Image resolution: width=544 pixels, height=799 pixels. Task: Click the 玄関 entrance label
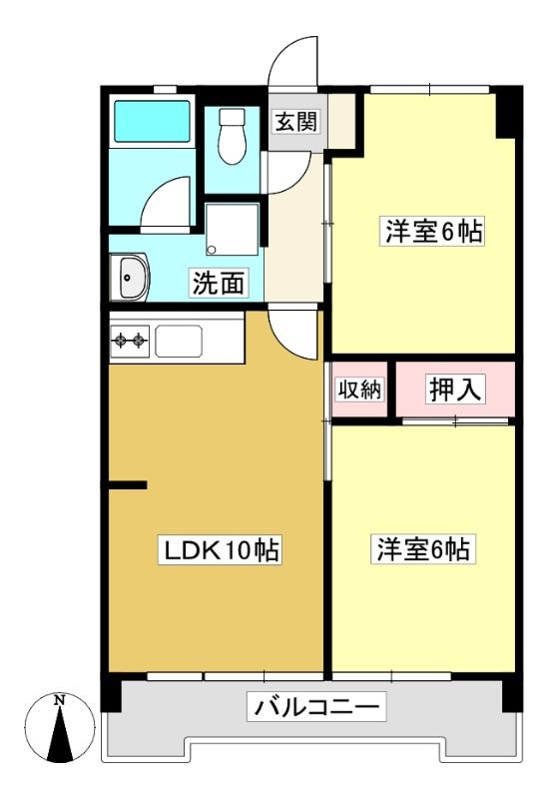tap(295, 122)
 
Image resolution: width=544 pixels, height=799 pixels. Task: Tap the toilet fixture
tap(233, 136)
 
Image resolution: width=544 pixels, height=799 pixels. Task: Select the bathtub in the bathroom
tap(152, 121)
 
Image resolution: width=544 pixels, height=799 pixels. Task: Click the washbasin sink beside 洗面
tap(130, 278)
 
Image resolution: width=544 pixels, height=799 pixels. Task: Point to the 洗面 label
tap(219, 284)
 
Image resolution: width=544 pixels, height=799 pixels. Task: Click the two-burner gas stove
tap(130, 341)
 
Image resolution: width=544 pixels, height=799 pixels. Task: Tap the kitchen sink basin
tap(179, 342)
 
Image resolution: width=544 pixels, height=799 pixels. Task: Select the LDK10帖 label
tap(220, 550)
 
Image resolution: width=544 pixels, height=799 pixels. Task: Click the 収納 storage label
tap(359, 390)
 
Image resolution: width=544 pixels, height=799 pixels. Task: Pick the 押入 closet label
tap(455, 390)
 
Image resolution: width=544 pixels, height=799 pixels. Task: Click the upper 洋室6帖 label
tap(432, 232)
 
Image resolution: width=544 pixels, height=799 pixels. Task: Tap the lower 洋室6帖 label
tap(424, 549)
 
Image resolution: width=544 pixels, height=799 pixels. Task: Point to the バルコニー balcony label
tap(316, 707)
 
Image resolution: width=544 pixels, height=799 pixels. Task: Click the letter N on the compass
tap(60, 701)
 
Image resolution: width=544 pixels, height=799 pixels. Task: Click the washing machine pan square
tap(233, 230)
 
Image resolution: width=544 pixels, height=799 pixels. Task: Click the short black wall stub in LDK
tap(128, 485)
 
